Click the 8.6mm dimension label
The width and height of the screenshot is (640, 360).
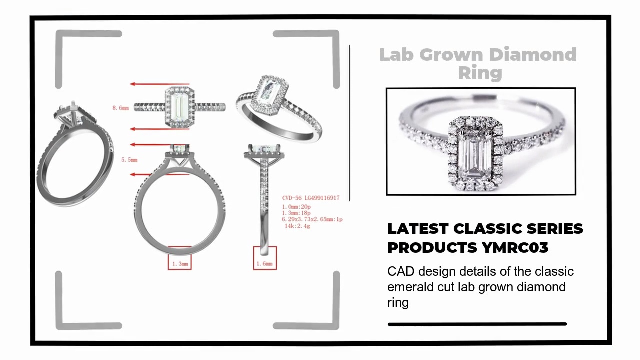(x=121, y=108)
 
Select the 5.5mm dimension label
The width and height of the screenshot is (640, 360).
(x=129, y=160)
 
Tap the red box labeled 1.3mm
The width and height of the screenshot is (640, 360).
(x=180, y=263)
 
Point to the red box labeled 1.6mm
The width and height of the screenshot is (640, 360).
(x=265, y=263)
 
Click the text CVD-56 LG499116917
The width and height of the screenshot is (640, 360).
(x=310, y=198)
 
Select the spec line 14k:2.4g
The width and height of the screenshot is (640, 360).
(x=297, y=226)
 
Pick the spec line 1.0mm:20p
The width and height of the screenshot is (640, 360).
(x=296, y=207)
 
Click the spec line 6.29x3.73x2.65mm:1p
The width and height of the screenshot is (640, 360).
(x=312, y=219)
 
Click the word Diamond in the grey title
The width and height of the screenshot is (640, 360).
(x=532, y=55)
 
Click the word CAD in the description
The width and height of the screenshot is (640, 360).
(x=401, y=272)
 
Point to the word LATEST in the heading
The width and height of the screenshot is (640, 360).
(x=417, y=229)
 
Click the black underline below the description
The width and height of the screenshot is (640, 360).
(x=477, y=324)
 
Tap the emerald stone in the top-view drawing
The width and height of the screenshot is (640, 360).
(x=179, y=106)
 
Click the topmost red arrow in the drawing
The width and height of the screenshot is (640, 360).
(x=160, y=84)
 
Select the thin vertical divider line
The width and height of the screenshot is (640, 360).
(x=349, y=122)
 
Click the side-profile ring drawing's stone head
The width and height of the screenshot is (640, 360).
(x=264, y=150)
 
